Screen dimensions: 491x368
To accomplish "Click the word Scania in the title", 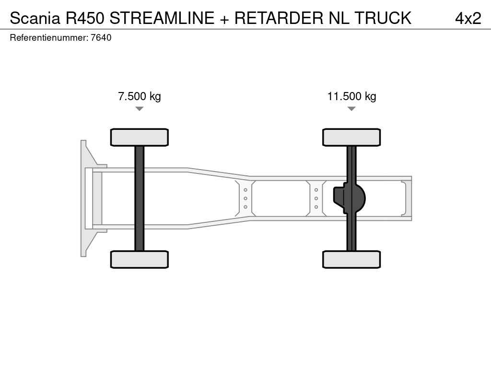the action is (x=35, y=18).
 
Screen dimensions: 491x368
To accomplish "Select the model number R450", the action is (x=84, y=18).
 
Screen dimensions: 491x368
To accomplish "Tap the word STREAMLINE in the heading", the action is (x=162, y=18).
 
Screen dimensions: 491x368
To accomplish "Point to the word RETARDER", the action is (x=279, y=18).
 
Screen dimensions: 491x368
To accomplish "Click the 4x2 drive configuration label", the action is (x=468, y=18).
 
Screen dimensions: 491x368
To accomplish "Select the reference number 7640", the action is (x=101, y=37).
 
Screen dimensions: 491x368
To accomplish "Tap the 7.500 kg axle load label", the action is (x=140, y=96).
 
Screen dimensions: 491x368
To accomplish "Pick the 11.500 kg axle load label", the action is (x=351, y=96).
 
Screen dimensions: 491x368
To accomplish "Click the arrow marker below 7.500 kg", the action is (x=140, y=109).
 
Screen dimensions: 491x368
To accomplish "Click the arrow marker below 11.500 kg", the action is (x=351, y=109).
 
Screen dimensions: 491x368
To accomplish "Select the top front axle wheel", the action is (x=140, y=137).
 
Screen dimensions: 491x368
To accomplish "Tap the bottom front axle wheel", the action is (x=140, y=259).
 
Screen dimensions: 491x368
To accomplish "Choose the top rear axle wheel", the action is (x=351, y=137).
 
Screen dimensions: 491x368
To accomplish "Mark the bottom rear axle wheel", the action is (x=351, y=259).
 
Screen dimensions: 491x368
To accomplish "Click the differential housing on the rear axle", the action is (x=349, y=198).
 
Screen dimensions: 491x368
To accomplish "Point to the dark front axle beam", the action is (x=140, y=198).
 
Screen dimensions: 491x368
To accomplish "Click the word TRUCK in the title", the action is (x=383, y=18).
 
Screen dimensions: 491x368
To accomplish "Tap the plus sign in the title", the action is (x=224, y=19).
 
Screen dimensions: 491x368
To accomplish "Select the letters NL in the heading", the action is (x=339, y=18).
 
